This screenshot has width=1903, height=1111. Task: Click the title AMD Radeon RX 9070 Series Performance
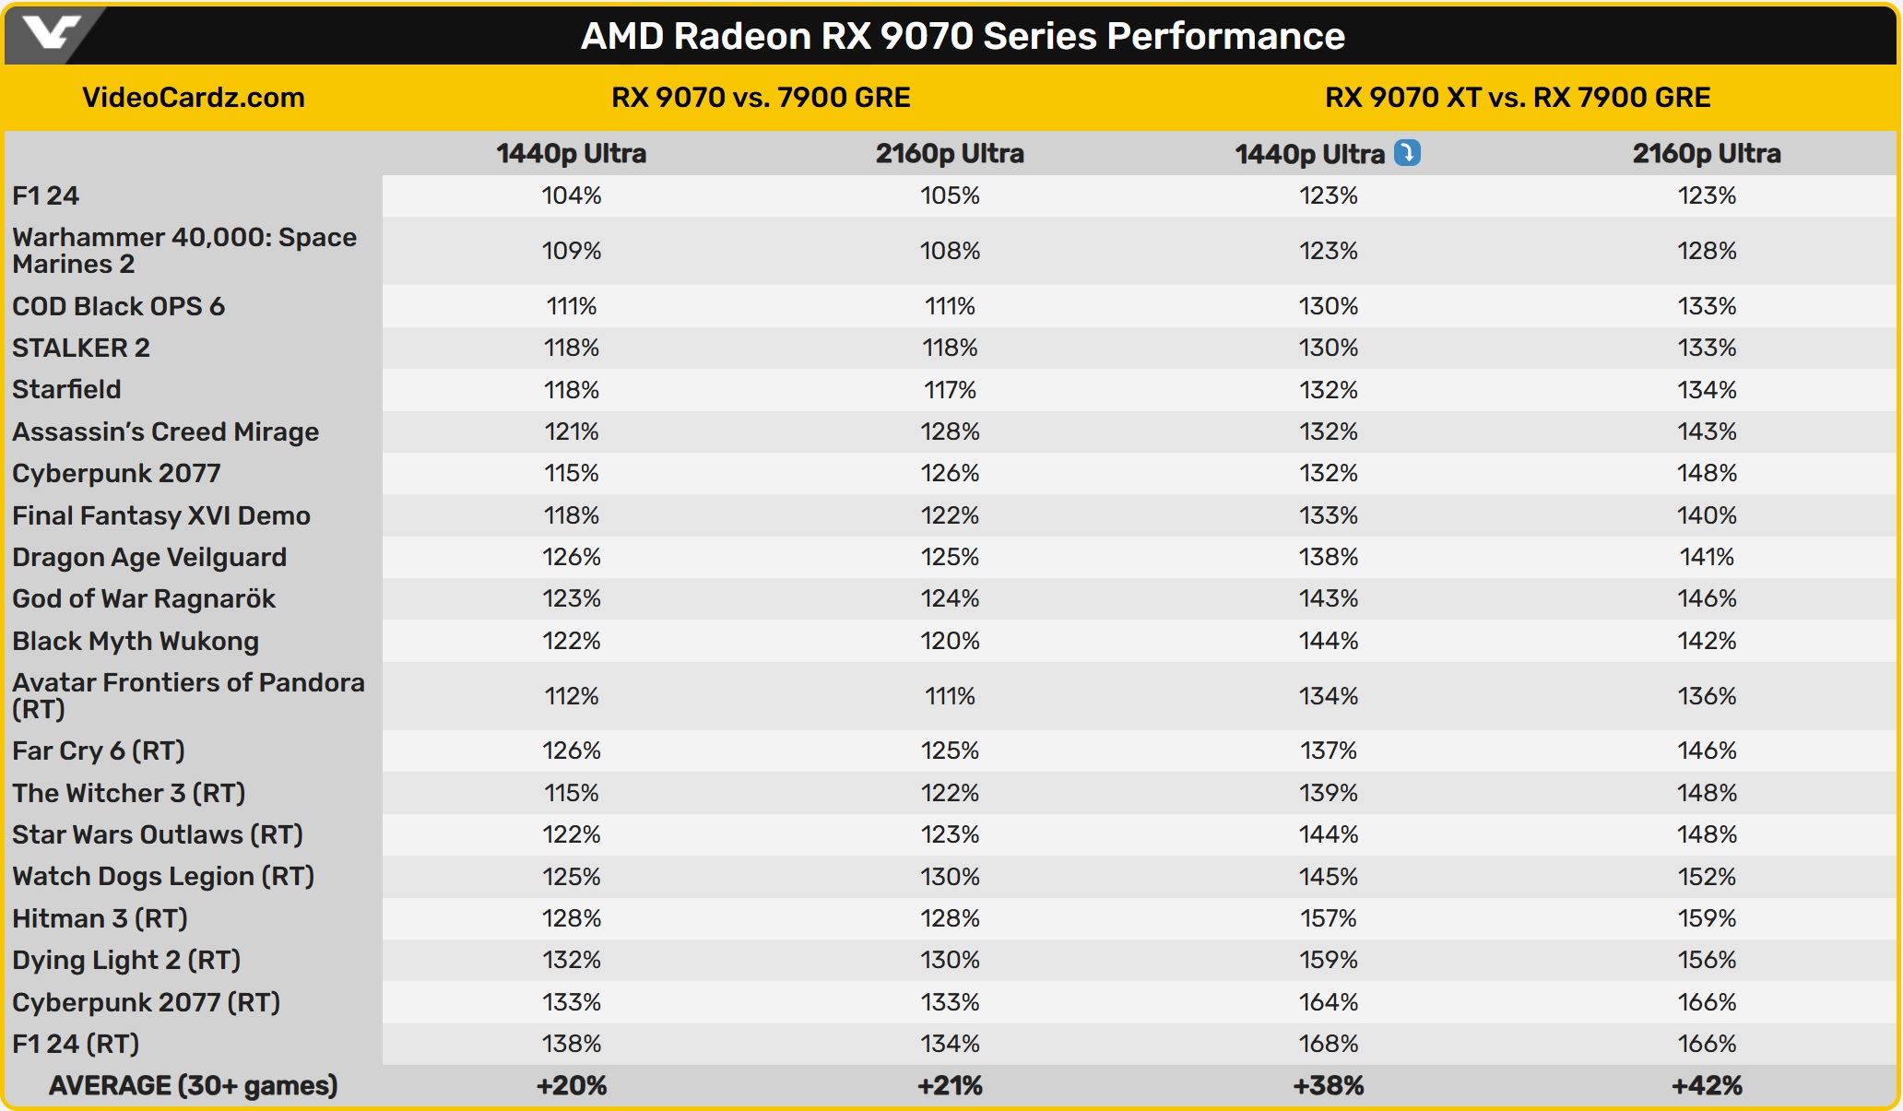click(x=963, y=36)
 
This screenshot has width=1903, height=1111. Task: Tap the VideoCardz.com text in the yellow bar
click(x=194, y=98)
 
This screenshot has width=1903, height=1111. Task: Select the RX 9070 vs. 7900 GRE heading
click(x=761, y=98)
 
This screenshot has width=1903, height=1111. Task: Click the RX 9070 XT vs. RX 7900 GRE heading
click(x=1518, y=98)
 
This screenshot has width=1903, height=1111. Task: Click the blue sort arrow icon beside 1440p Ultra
click(x=1407, y=152)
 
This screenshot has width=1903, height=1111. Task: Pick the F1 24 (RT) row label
click(x=76, y=1044)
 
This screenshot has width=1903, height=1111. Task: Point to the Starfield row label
click(x=66, y=389)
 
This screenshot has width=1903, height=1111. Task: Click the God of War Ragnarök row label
click(x=144, y=598)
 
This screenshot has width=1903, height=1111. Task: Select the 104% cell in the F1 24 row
click(x=572, y=195)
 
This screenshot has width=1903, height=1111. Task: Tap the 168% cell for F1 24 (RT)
click(x=1329, y=1044)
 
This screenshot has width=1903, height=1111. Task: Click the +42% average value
click(x=1707, y=1086)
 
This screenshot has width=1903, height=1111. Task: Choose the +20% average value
click(x=572, y=1086)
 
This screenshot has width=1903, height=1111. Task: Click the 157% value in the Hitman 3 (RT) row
click(x=1329, y=918)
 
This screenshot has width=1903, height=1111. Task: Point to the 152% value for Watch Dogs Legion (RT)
click(x=1707, y=876)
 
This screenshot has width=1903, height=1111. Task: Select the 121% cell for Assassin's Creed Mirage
click(x=572, y=431)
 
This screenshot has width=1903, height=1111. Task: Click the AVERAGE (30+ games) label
click(x=194, y=1086)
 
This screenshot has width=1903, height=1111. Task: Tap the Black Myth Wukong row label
click(x=136, y=641)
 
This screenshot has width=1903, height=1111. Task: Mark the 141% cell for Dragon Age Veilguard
click(x=1707, y=557)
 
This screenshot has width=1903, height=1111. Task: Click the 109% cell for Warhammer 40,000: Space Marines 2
click(x=572, y=251)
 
